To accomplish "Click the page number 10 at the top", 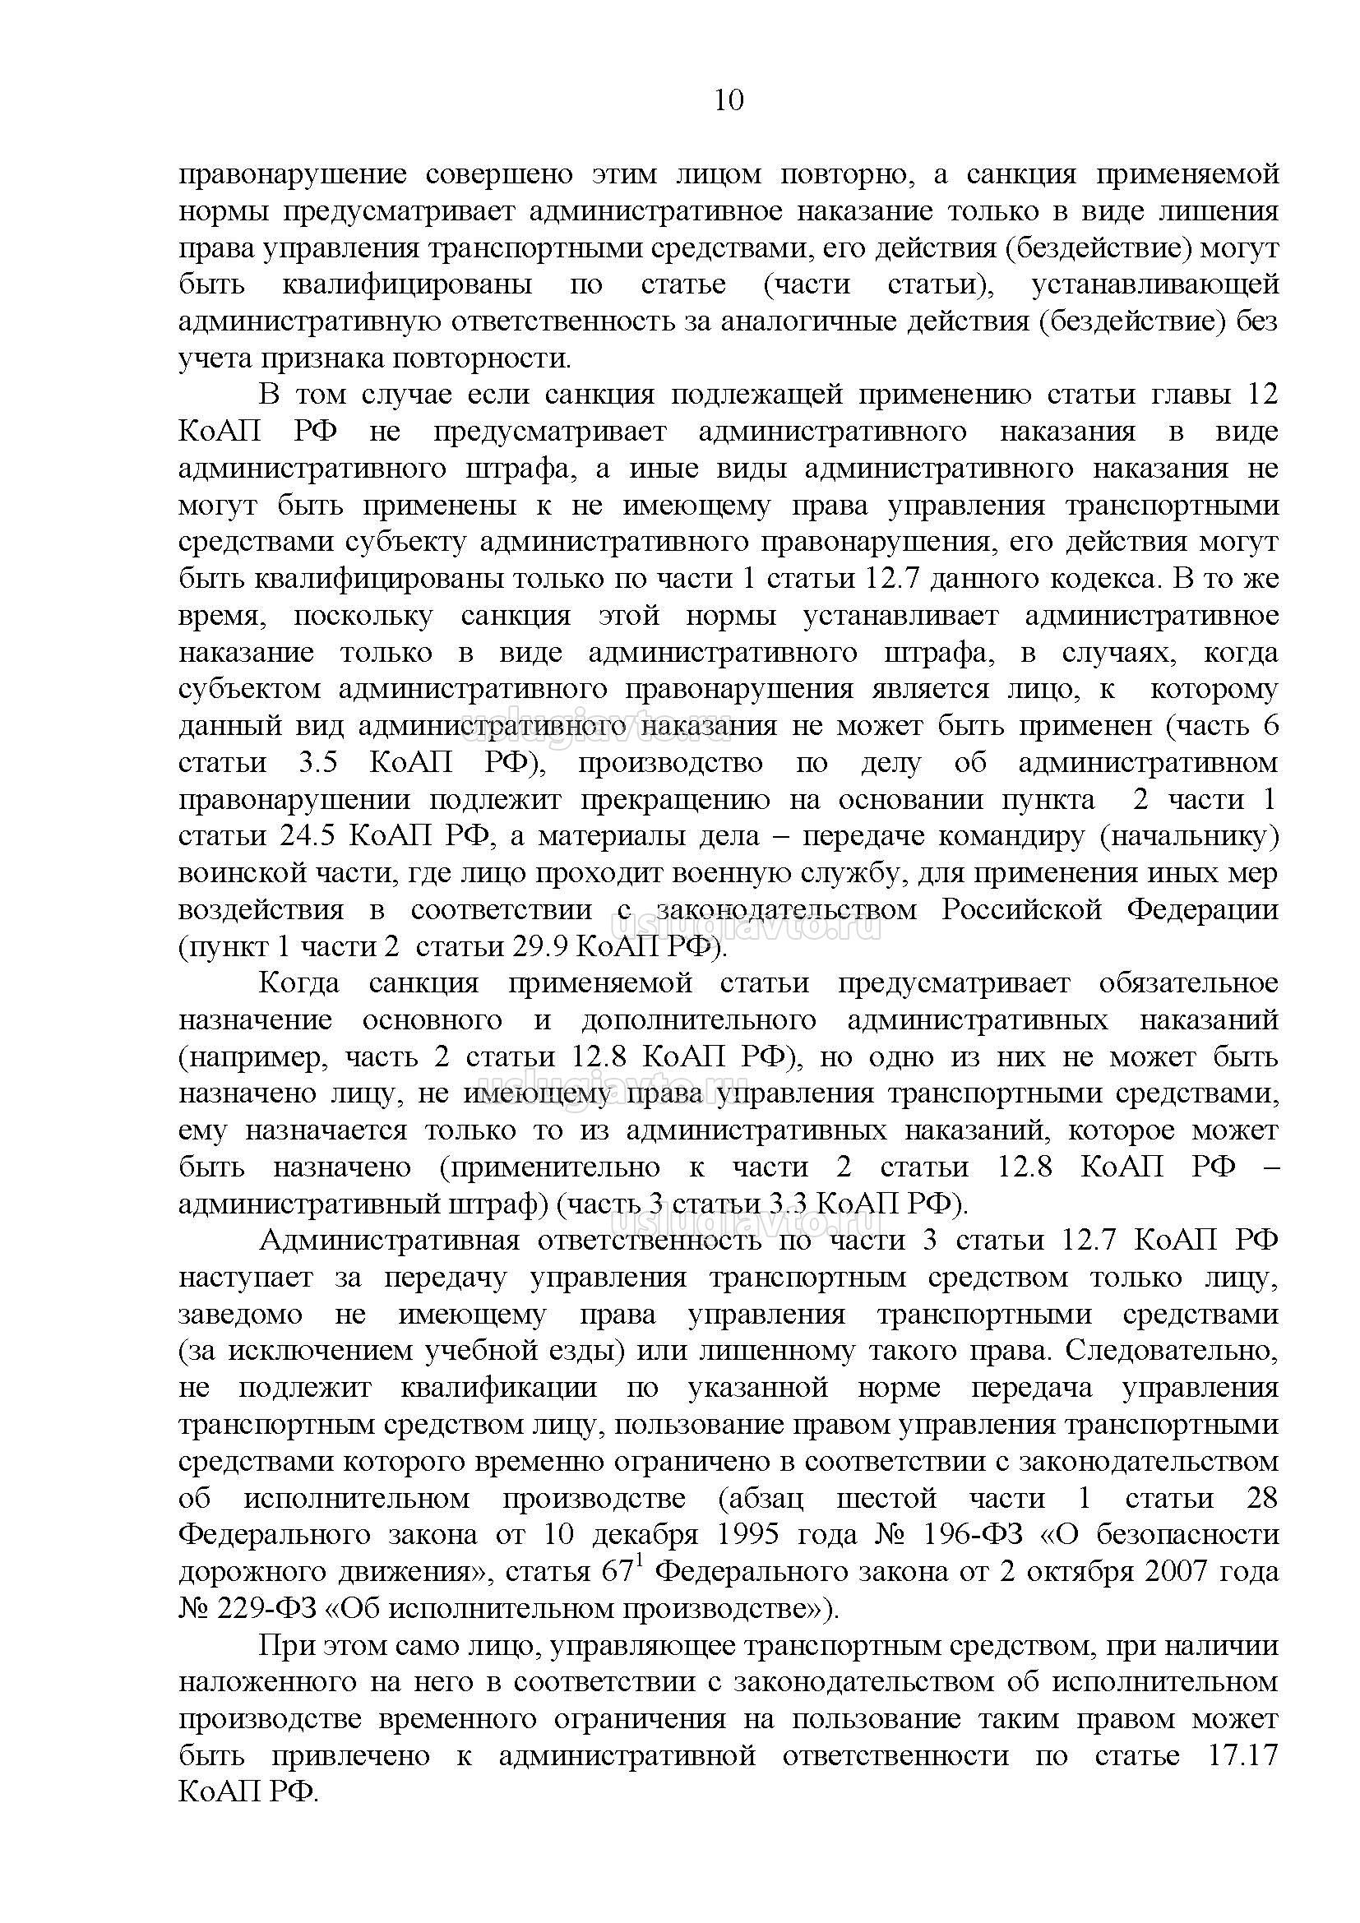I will pyautogui.click(x=729, y=100).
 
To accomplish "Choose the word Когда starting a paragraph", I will pyautogui.click(x=299, y=982).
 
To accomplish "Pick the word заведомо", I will pyautogui.click(x=240, y=1314).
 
